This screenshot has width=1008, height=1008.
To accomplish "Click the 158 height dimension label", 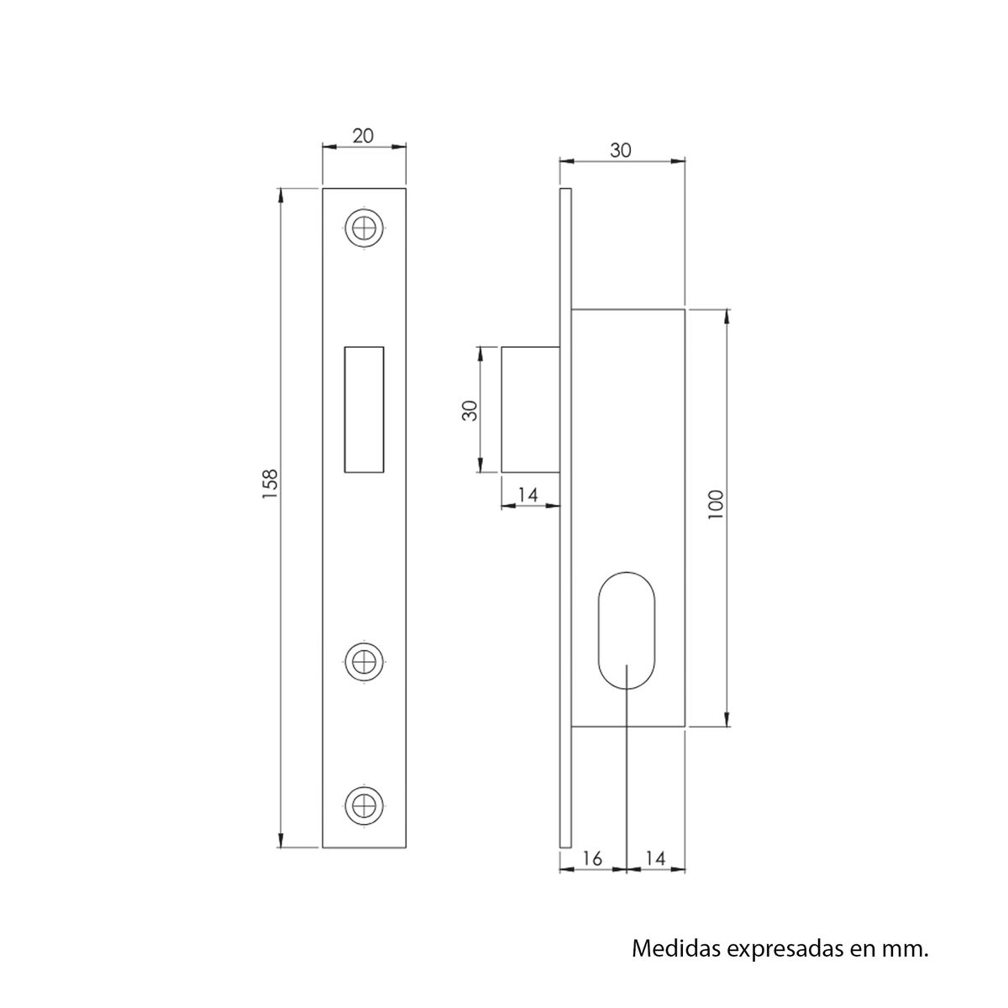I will tap(270, 485).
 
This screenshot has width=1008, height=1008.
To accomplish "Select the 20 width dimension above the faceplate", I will tap(363, 136).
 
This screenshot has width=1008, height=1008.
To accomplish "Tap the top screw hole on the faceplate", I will tap(363, 227).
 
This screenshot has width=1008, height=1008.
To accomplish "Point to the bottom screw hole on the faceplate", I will tap(363, 804).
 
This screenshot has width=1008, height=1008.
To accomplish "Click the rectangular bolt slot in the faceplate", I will tap(364, 409).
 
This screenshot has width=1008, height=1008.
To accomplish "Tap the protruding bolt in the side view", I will tap(530, 409).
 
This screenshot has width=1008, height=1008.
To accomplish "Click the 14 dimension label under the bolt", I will tap(527, 495).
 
